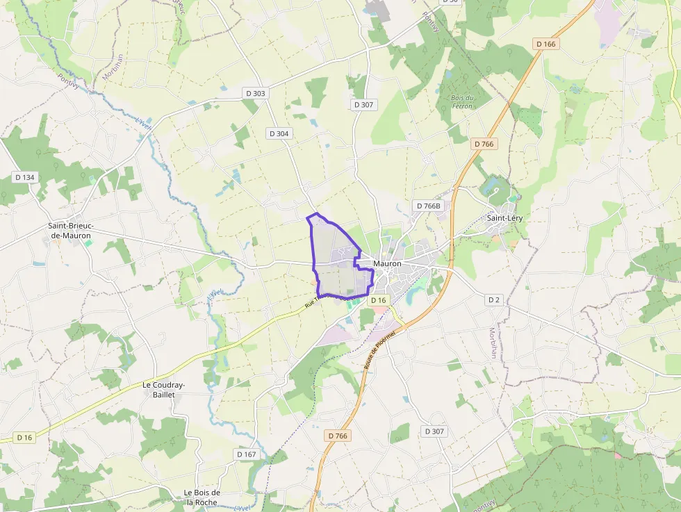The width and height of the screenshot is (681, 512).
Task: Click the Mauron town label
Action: click(387, 264)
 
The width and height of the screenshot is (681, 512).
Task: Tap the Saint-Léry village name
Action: click(504, 218)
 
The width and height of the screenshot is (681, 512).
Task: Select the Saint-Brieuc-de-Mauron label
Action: click(71, 231)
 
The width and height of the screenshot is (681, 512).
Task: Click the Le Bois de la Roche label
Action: click(202, 497)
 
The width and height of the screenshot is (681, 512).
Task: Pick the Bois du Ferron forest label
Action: click(462, 102)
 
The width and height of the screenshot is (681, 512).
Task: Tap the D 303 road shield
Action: click(255, 93)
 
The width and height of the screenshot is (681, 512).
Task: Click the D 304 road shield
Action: click(279, 133)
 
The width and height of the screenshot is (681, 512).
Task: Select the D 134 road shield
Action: click(25, 177)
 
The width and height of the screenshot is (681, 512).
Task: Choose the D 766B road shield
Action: click(427, 206)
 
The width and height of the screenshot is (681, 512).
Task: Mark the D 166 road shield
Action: click(547, 44)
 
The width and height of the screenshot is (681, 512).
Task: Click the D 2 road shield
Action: click(493, 300)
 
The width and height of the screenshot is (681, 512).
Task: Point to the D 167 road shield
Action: click(247, 454)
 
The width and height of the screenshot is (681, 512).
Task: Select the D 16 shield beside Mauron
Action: click(377, 300)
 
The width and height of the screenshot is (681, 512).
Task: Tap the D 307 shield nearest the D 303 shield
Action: click(363, 105)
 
